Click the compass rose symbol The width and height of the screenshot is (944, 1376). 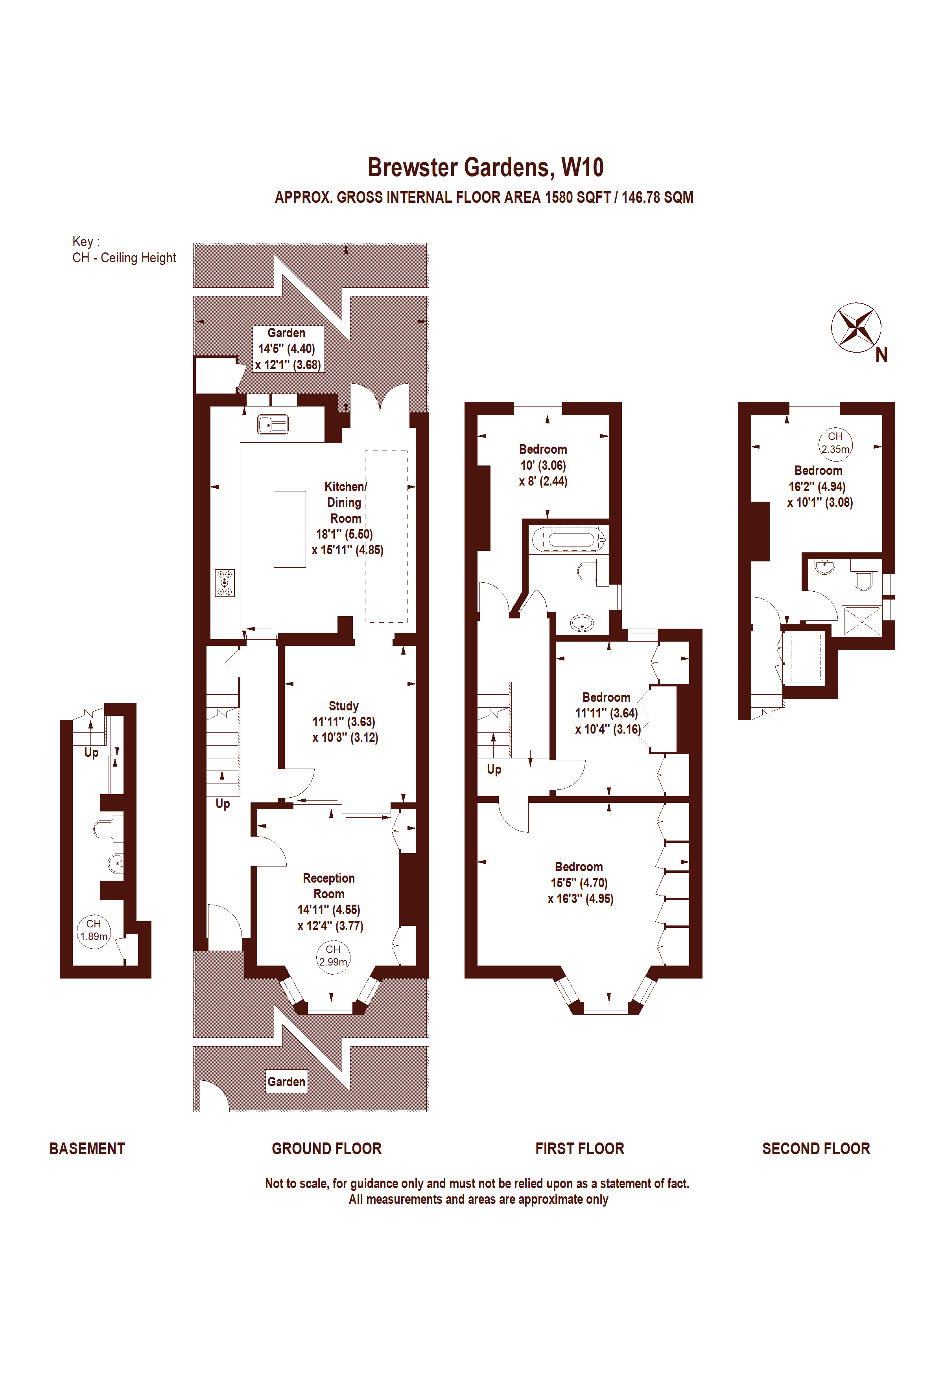click(x=856, y=327)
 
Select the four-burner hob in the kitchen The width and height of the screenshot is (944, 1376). click(x=225, y=583)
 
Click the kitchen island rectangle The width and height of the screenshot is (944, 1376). click(x=289, y=529)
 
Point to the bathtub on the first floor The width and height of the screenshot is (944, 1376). click(x=568, y=539)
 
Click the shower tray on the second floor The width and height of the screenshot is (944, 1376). click(x=862, y=620)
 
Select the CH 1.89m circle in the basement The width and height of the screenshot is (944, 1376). click(x=94, y=930)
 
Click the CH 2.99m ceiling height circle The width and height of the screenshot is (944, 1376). click(x=333, y=956)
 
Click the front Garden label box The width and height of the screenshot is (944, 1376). click(x=287, y=1082)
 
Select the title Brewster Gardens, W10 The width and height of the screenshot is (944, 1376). click(x=486, y=167)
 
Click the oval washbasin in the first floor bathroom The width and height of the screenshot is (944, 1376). click(x=582, y=623)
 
